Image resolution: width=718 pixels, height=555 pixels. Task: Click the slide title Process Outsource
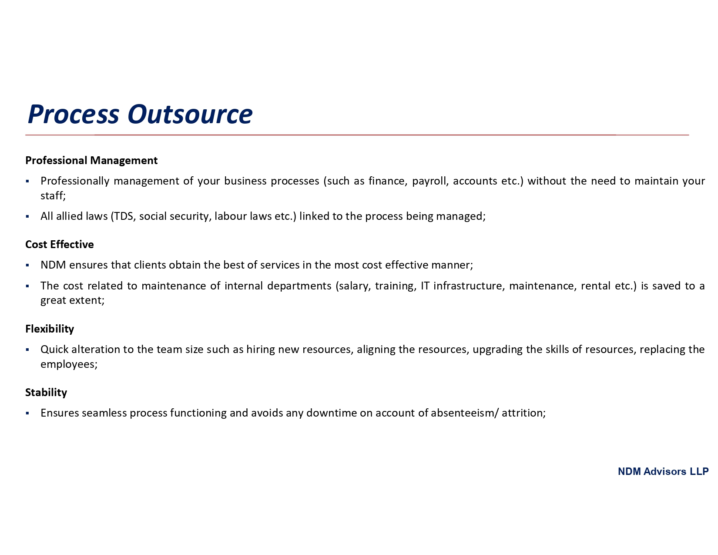point(140,114)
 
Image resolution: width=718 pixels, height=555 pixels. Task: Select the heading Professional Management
point(91,160)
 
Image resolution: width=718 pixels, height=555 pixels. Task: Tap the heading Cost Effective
point(60,244)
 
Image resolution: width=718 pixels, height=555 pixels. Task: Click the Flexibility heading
point(50,329)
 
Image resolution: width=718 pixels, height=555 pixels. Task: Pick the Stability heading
point(46,392)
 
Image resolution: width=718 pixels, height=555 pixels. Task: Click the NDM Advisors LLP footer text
point(663,471)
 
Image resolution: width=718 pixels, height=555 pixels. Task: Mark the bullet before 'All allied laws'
point(27,216)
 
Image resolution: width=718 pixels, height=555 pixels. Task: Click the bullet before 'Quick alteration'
point(27,350)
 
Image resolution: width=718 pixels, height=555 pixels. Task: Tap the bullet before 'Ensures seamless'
point(27,413)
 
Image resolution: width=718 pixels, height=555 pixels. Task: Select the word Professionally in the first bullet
point(75,181)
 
